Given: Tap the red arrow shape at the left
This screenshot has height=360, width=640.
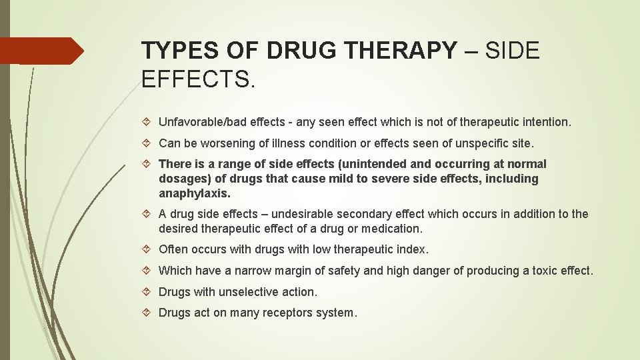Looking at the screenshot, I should [41, 51].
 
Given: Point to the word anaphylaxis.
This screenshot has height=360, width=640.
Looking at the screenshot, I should [195, 193].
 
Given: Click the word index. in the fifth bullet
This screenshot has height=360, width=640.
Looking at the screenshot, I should [413, 249].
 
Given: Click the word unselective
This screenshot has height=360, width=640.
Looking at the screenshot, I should [251, 292].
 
